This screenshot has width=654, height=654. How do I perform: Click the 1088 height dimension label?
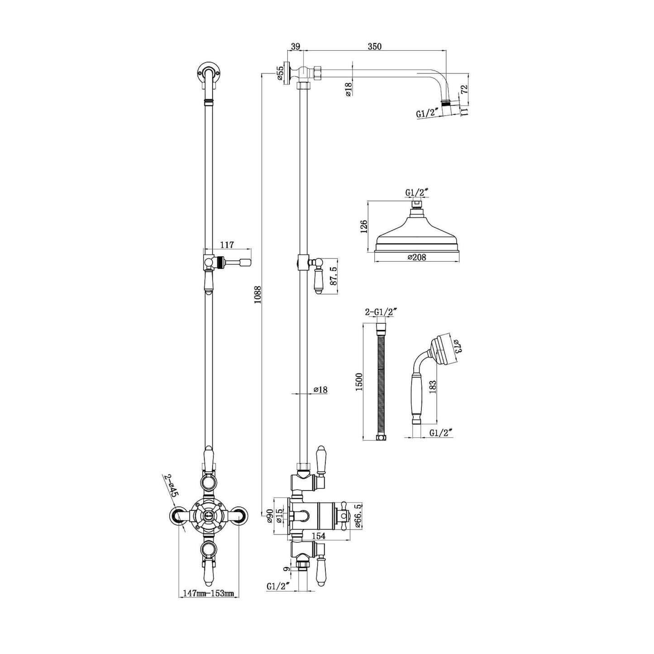coord(258,295)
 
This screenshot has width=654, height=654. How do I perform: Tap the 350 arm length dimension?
coord(374,47)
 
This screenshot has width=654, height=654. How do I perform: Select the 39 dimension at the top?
coord(296,47)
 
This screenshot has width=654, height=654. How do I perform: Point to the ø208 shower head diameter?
coord(417,257)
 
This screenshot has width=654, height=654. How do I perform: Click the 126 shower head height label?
coord(363,227)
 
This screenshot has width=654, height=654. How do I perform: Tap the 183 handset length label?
coord(432,387)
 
